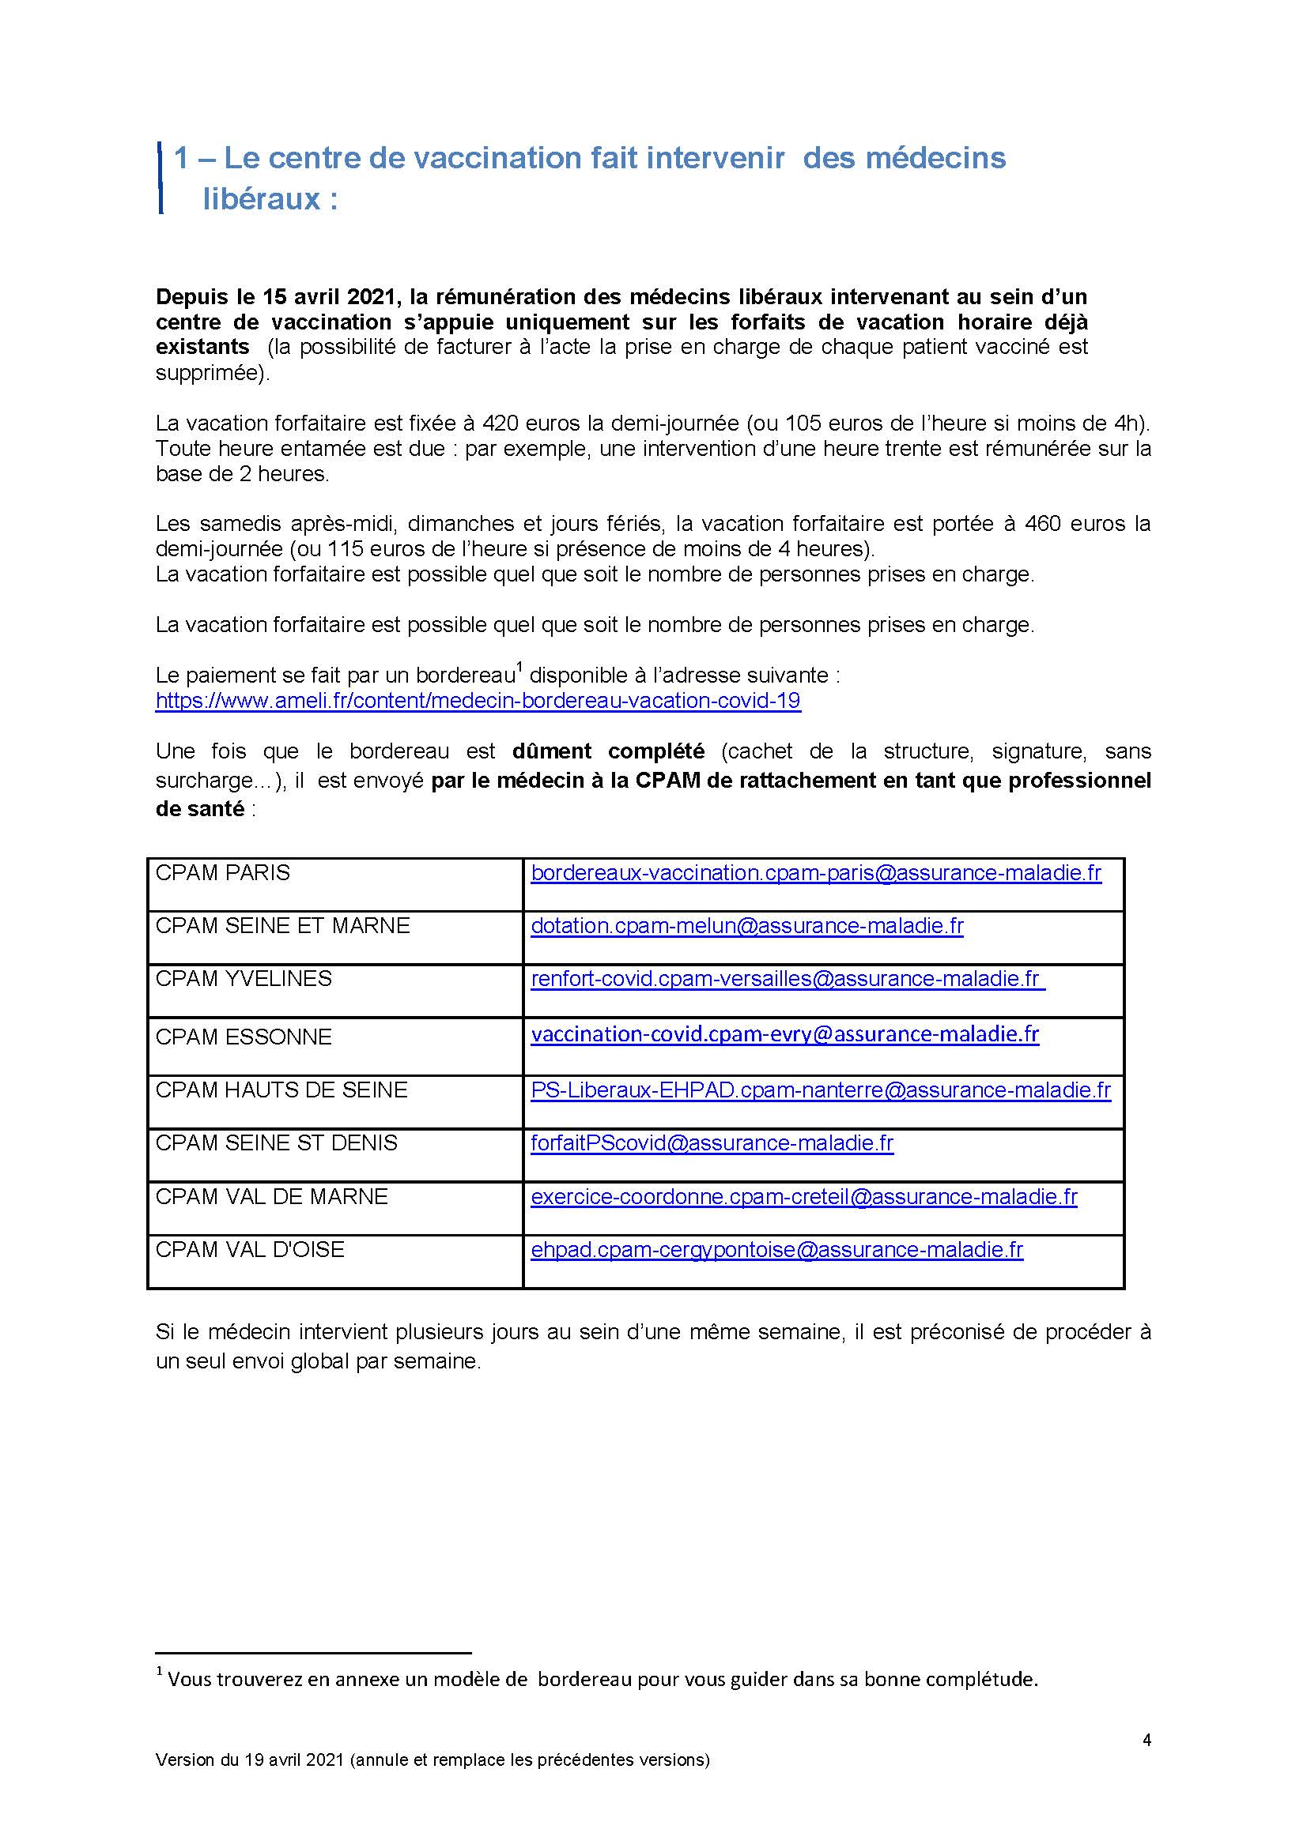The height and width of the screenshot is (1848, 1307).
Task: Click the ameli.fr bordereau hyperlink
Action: click(x=478, y=700)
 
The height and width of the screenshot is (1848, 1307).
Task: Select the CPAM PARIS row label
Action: click(x=222, y=872)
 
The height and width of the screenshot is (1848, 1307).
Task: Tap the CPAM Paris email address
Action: click(x=816, y=872)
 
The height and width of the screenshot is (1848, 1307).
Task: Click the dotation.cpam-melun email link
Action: click(x=746, y=926)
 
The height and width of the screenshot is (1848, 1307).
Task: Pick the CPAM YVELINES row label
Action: click(x=244, y=979)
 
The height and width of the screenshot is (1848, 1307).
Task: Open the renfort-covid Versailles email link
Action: click(x=787, y=979)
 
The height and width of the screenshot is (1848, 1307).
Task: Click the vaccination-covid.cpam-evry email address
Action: click(x=784, y=1034)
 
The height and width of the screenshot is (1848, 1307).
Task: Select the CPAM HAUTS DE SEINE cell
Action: click(x=281, y=1090)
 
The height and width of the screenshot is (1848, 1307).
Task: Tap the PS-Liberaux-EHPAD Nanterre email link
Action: click(x=821, y=1090)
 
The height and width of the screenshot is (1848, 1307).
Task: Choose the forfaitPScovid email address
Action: click(x=712, y=1143)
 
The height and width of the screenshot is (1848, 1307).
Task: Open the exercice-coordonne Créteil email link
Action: click(x=803, y=1197)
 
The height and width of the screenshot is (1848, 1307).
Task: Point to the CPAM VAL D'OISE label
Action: click(x=250, y=1249)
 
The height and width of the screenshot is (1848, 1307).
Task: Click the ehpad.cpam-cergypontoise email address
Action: click(x=776, y=1249)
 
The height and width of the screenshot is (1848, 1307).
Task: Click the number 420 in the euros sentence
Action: click(x=500, y=423)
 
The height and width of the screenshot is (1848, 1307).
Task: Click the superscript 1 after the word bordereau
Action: click(x=519, y=667)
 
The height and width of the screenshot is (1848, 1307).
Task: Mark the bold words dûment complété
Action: click(x=608, y=751)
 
